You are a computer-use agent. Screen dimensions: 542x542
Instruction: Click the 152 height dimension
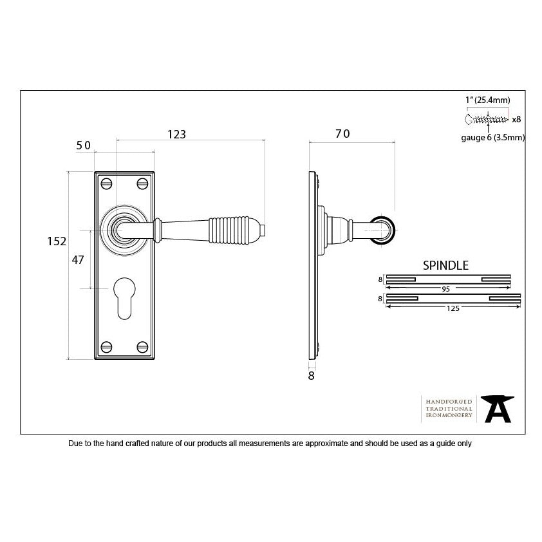click(57, 241)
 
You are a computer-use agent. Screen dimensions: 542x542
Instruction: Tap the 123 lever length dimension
click(176, 134)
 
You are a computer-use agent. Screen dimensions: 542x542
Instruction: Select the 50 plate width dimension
click(83, 145)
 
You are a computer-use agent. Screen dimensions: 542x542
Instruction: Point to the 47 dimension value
click(78, 259)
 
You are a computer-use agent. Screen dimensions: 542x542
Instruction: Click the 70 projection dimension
click(342, 133)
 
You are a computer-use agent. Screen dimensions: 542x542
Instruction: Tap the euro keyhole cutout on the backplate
click(124, 298)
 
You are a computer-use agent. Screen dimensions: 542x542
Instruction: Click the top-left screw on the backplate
click(106, 183)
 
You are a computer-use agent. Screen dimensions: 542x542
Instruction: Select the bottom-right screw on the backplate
click(142, 347)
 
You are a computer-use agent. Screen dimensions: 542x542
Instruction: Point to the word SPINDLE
click(445, 265)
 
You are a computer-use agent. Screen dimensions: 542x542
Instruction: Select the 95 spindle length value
click(446, 289)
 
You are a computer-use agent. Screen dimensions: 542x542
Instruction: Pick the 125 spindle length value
click(453, 308)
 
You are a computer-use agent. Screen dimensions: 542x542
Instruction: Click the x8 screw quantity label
click(516, 119)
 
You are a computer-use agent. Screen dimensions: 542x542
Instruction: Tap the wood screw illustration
click(487, 120)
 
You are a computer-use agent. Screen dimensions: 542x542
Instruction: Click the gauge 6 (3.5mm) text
click(493, 138)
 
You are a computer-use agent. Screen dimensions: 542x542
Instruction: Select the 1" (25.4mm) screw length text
click(487, 100)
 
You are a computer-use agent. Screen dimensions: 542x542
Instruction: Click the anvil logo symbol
click(498, 409)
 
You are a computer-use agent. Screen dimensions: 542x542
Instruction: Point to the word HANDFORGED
click(449, 402)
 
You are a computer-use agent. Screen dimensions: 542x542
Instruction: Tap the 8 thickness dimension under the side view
click(311, 376)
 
